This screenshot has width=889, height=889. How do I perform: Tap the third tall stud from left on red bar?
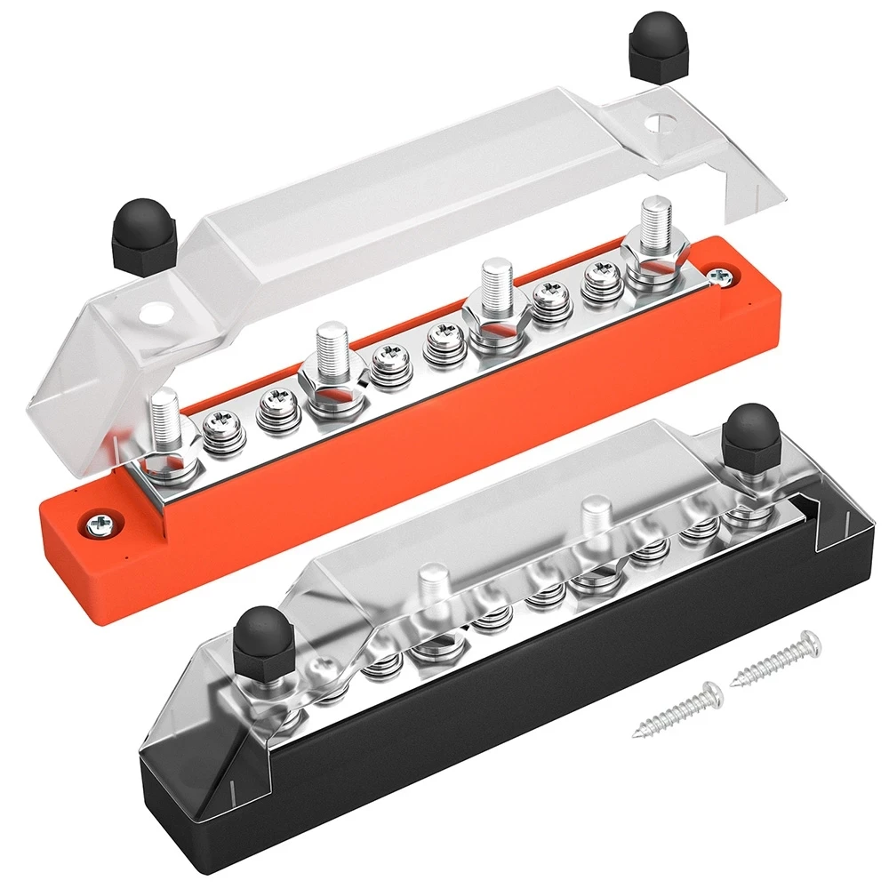pos(495,284)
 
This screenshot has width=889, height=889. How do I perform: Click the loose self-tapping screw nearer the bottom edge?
pos(675,709)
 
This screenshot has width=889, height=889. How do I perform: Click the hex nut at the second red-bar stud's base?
pos(330,388)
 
